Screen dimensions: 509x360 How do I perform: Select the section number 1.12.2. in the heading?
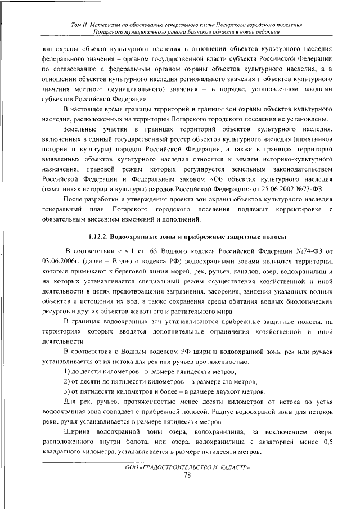[103, 236]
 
